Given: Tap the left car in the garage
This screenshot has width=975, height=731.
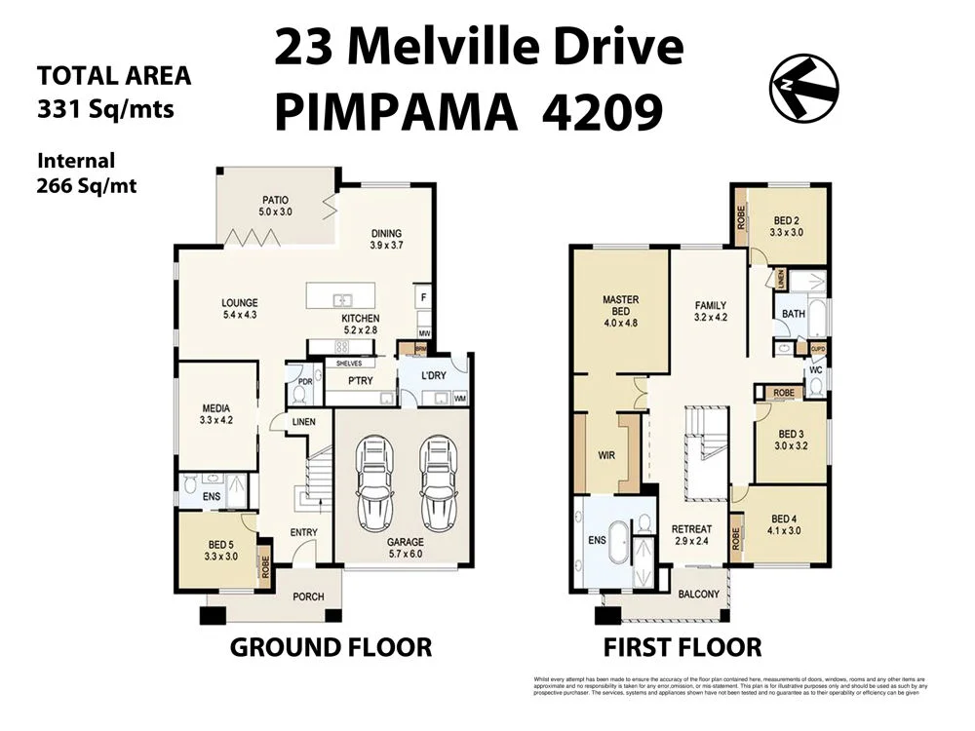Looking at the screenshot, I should [375, 483].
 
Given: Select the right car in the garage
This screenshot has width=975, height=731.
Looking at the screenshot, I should [438, 483].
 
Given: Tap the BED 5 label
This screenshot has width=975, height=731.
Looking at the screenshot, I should [219, 545].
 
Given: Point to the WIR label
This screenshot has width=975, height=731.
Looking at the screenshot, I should [606, 455].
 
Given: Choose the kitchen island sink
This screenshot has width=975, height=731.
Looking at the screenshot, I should [341, 299].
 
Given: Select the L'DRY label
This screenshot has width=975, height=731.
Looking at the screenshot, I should [434, 376].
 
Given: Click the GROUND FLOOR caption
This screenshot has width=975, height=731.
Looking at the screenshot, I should [330, 647].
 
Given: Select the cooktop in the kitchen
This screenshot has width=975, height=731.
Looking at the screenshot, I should [342, 347].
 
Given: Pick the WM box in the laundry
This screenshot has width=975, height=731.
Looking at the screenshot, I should [459, 399].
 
